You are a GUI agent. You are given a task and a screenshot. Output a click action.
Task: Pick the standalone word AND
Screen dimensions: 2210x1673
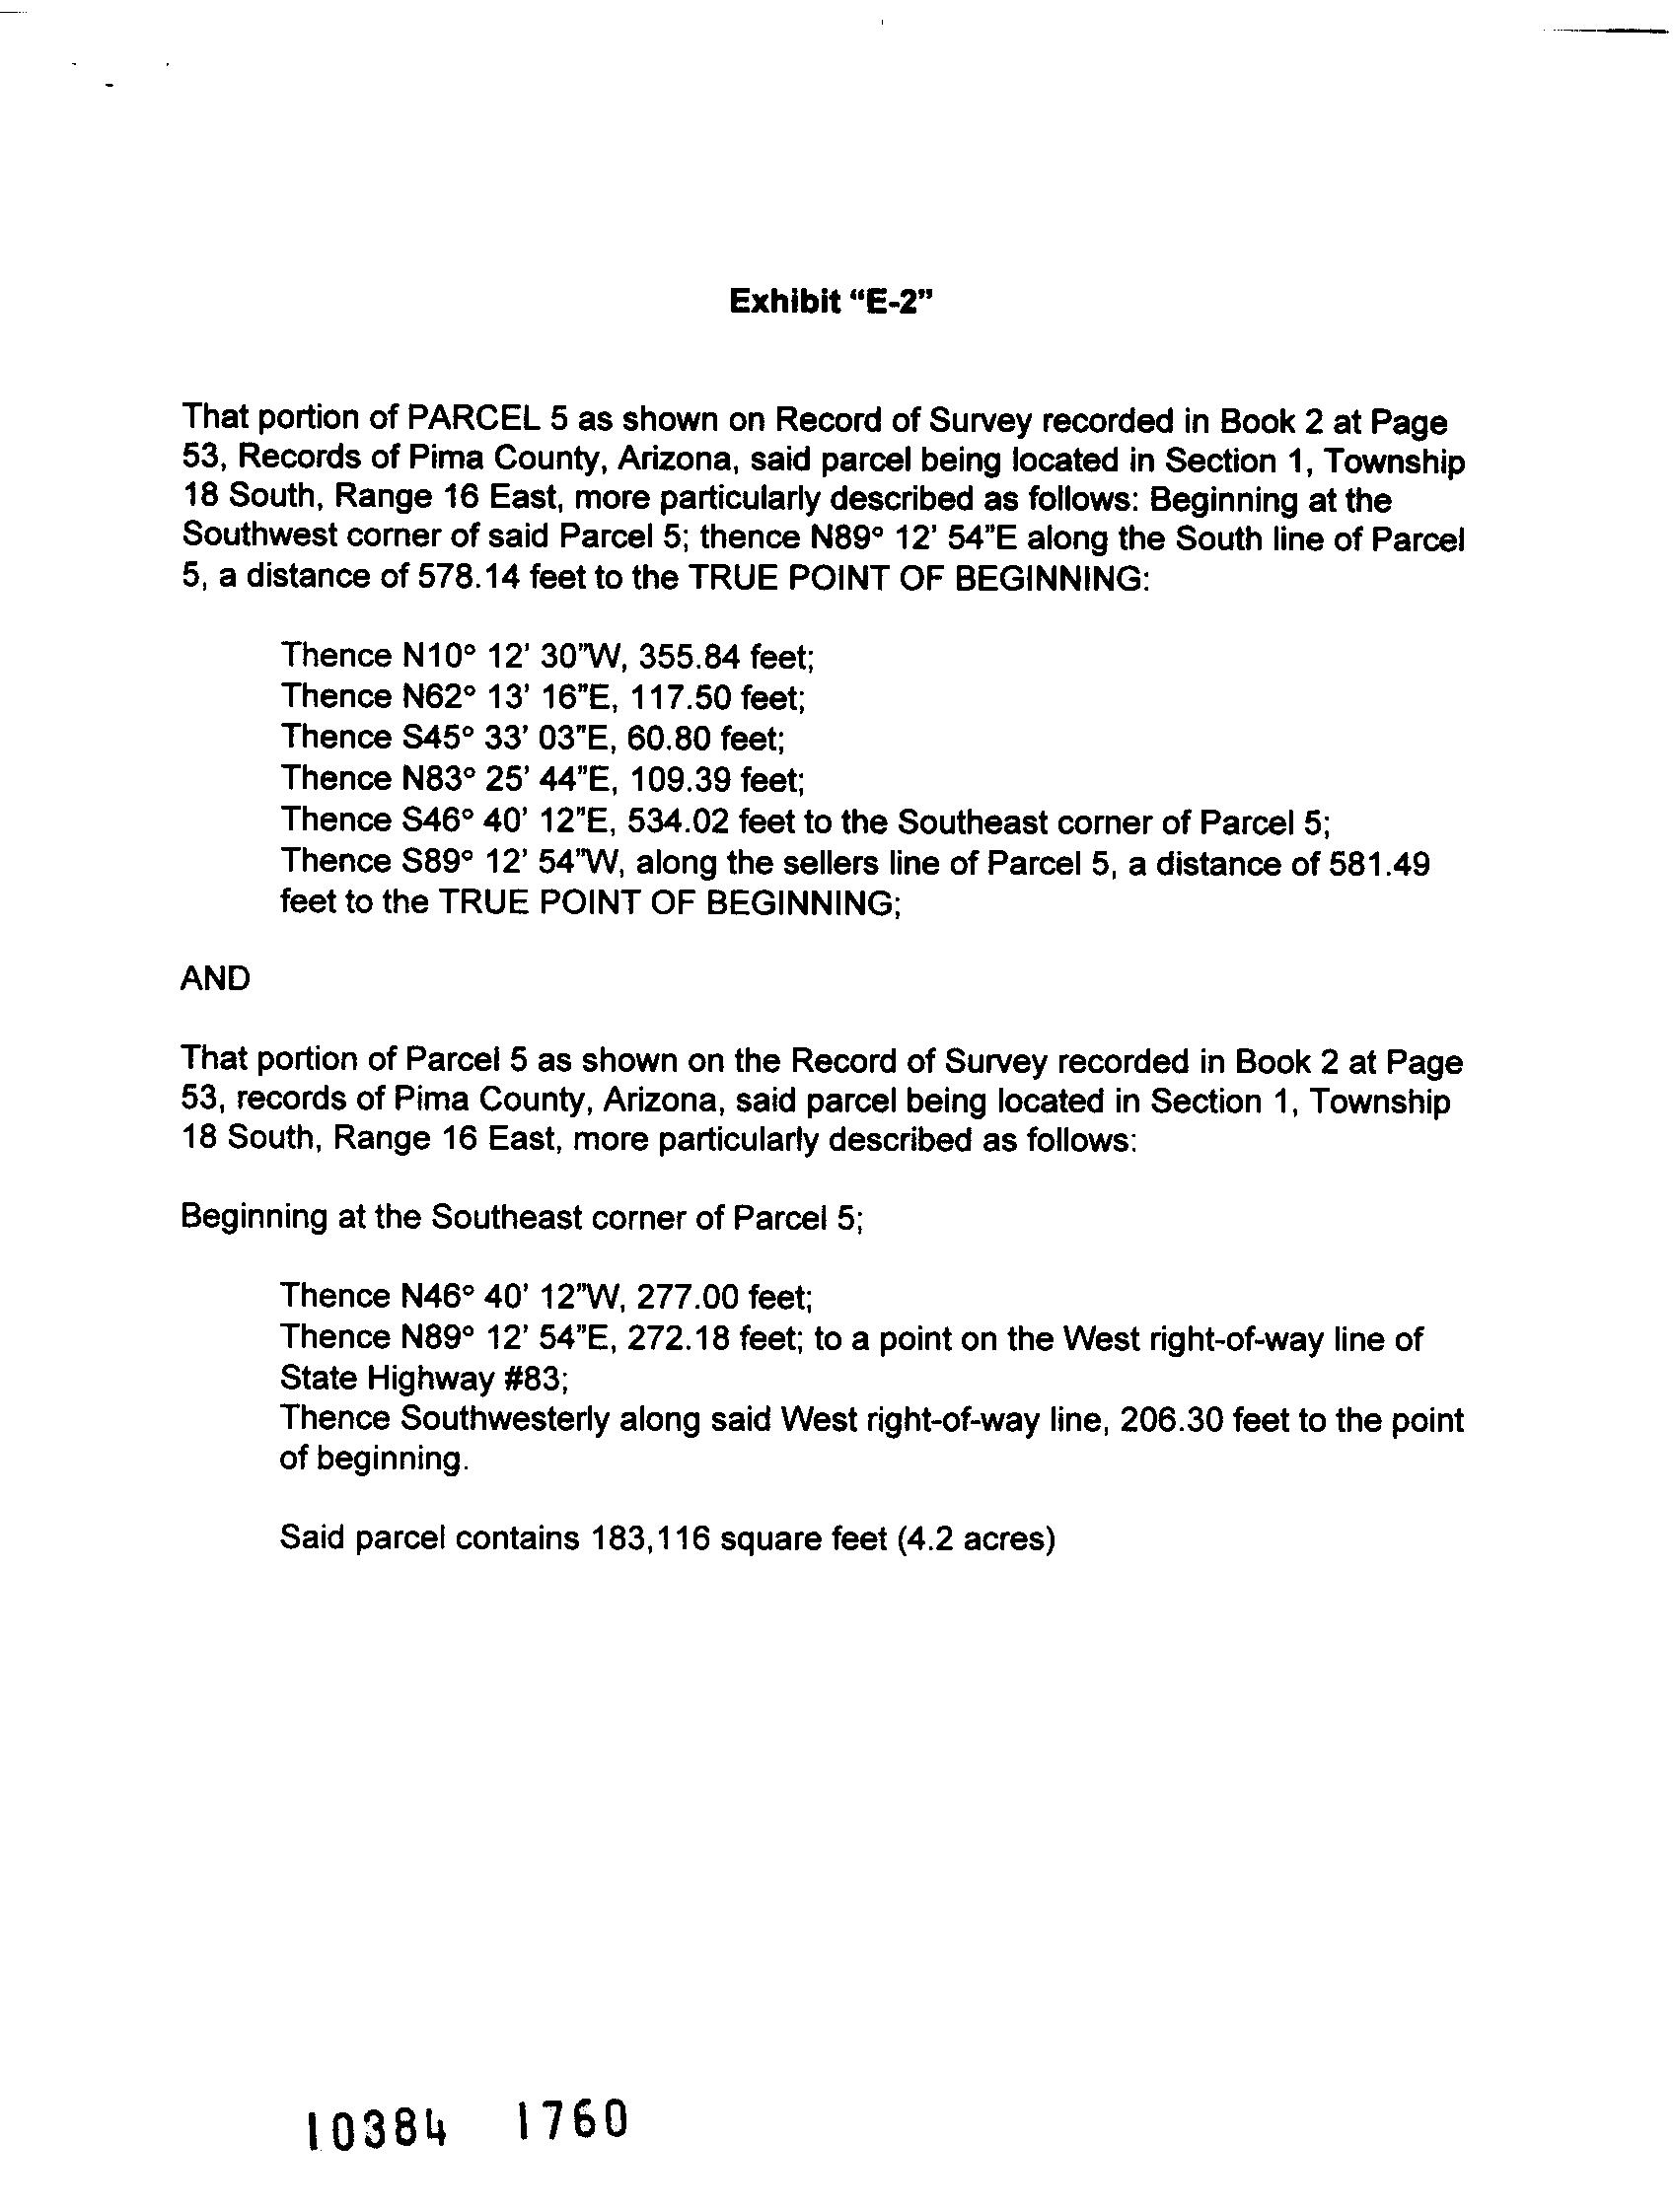point(215,979)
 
